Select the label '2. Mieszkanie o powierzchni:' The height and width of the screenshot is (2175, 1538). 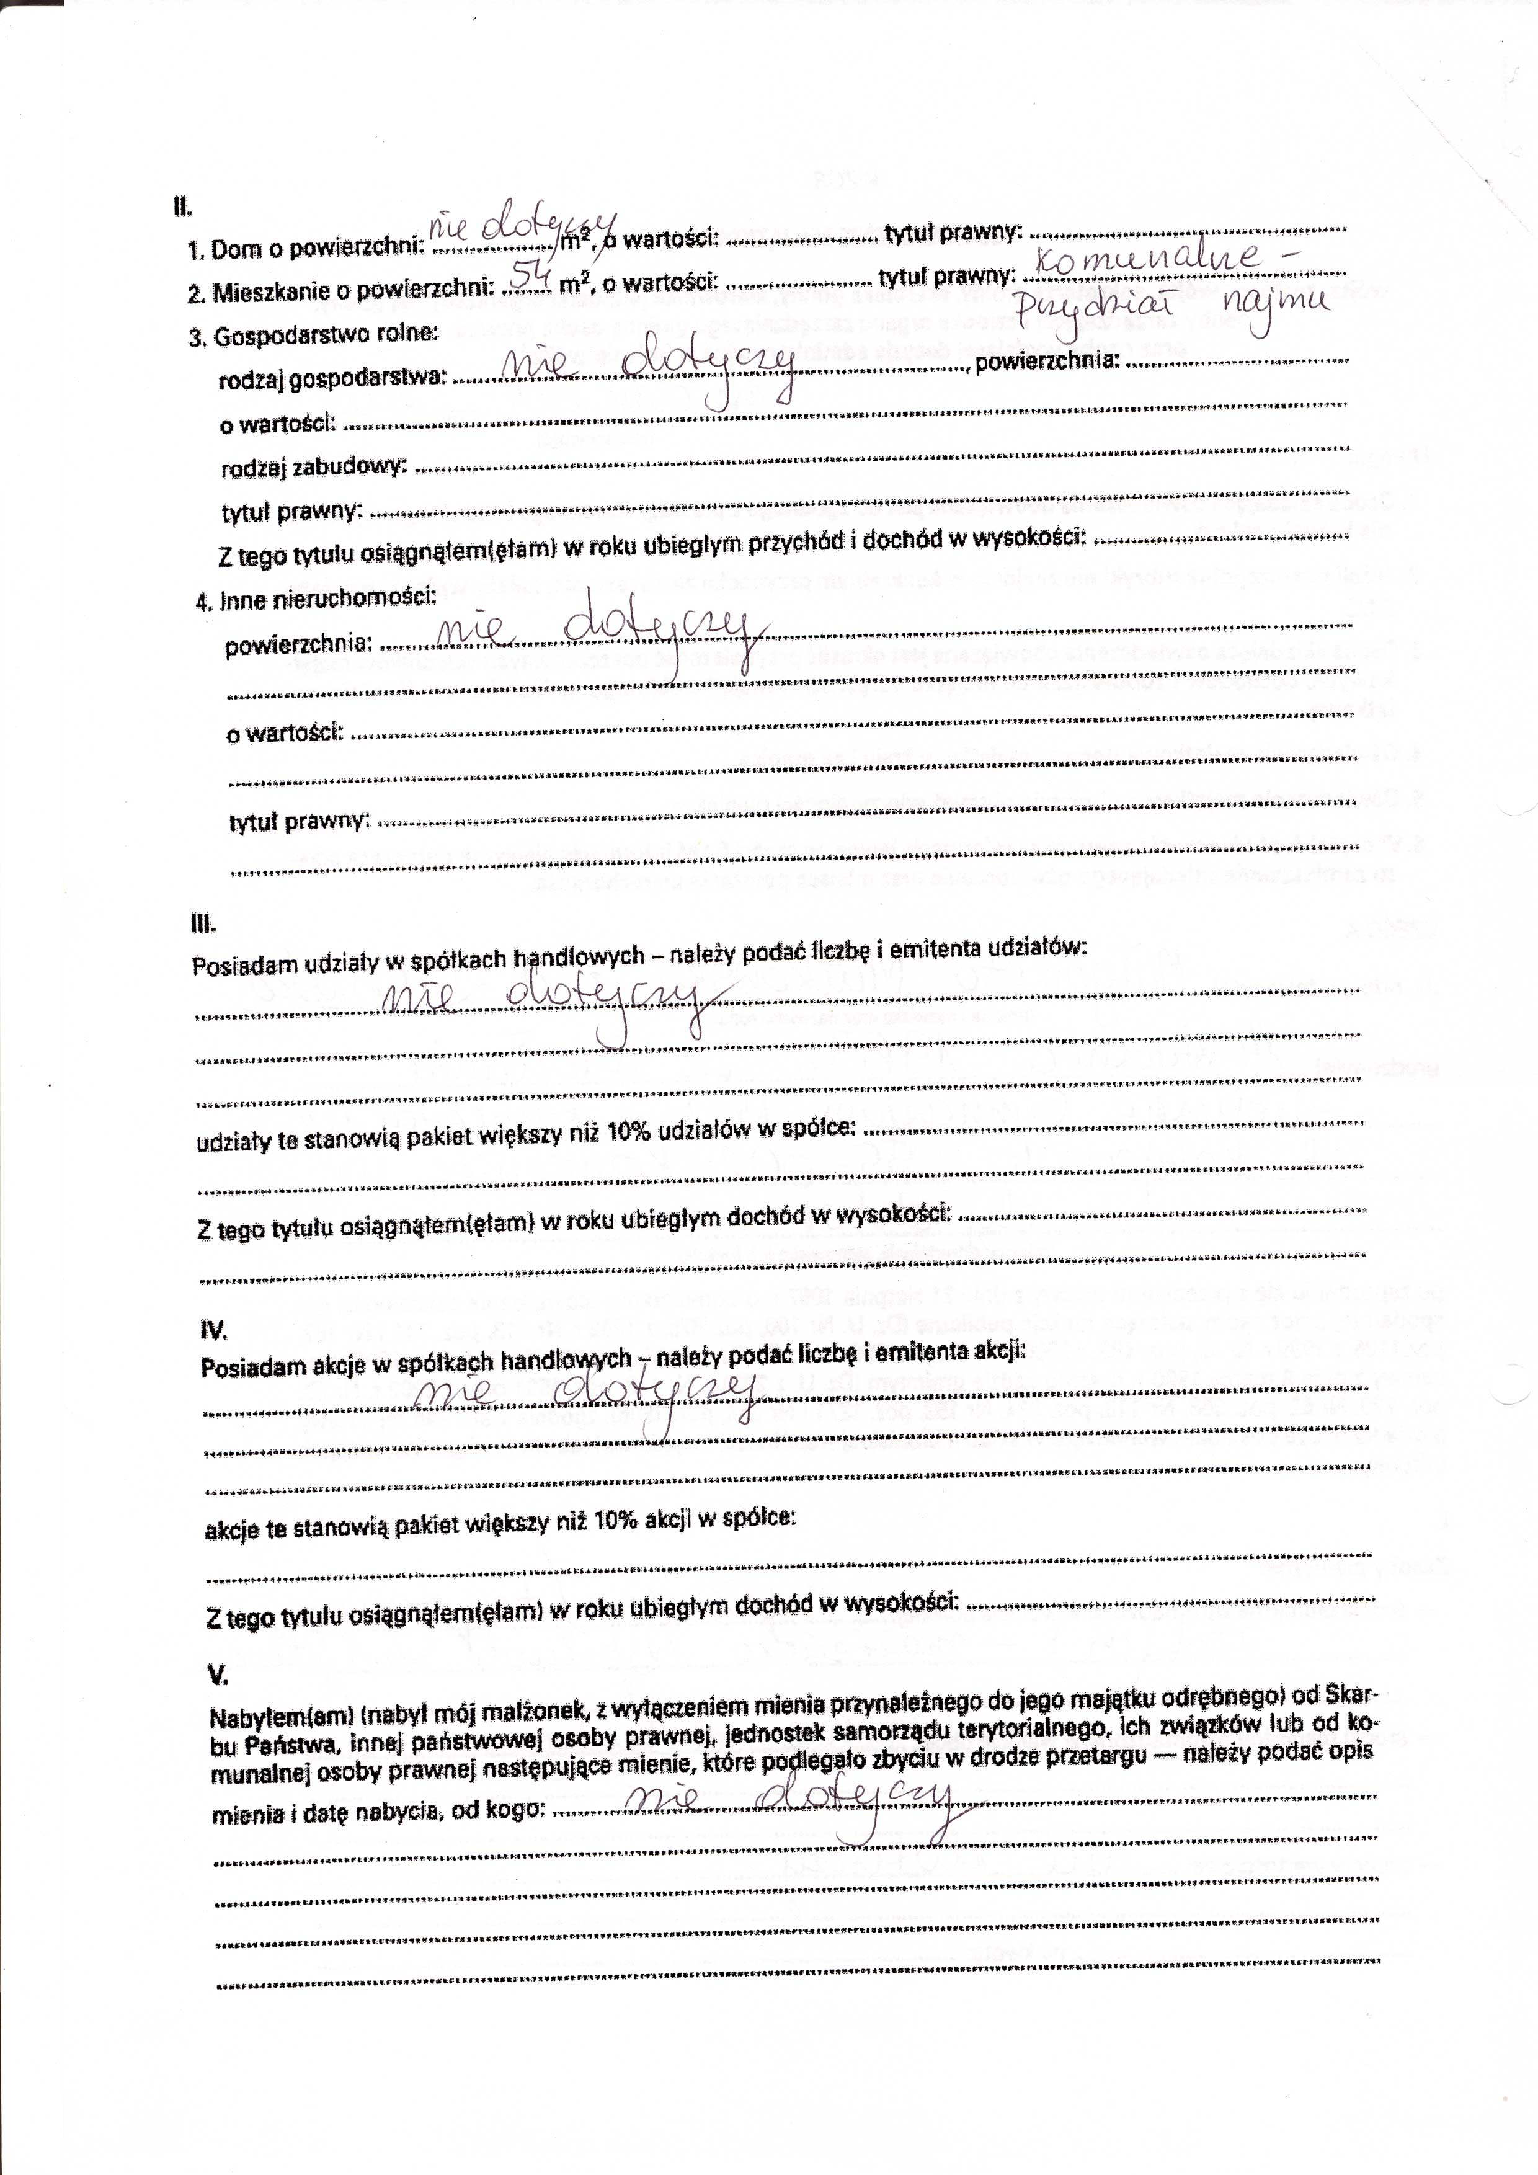coord(342,291)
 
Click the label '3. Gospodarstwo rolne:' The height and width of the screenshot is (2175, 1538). coord(313,336)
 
